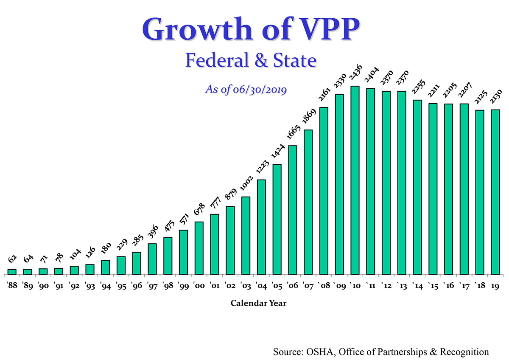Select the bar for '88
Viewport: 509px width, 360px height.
click(12, 271)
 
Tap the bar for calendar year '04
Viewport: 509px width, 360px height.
click(261, 227)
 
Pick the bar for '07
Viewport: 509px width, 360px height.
click(308, 202)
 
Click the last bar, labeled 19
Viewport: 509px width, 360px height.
click(495, 191)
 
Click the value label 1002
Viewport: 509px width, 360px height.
click(246, 185)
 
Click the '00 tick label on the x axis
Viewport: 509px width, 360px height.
click(199, 286)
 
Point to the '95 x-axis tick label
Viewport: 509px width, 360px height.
click(121, 286)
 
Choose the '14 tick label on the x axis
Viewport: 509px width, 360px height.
click(417, 286)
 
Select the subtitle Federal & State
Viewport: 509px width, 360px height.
click(251, 60)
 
